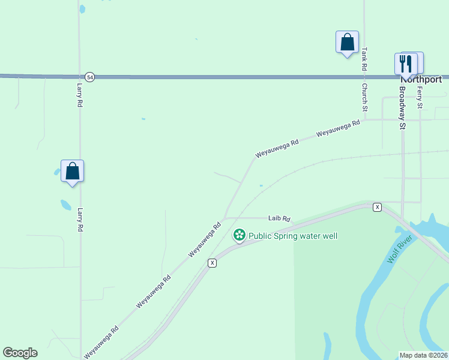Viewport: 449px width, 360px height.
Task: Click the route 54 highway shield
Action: (x=89, y=77)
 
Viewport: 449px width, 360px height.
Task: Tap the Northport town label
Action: (x=421, y=79)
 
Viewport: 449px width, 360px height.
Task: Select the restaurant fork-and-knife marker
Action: (x=406, y=63)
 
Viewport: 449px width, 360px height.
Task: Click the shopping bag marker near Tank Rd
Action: (x=347, y=43)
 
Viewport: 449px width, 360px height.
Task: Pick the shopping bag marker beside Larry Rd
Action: (x=72, y=172)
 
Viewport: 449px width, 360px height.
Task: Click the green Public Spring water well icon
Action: (x=240, y=236)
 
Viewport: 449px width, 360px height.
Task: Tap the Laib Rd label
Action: (x=279, y=219)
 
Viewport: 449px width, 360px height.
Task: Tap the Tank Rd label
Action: (x=364, y=60)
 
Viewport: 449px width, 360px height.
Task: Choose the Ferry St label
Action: (x=420, y=97)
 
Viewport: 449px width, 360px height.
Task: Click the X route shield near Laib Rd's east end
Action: (x=377, y=207)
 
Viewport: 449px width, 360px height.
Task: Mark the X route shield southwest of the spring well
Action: (x=212, y=263)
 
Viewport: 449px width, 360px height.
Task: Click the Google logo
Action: (x=20, y=353)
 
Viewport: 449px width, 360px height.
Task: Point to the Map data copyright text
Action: (x=423, y=355)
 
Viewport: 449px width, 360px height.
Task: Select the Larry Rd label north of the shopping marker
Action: (x=79, y=95)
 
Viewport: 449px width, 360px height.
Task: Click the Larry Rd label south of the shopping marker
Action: (x=79, y=220)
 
